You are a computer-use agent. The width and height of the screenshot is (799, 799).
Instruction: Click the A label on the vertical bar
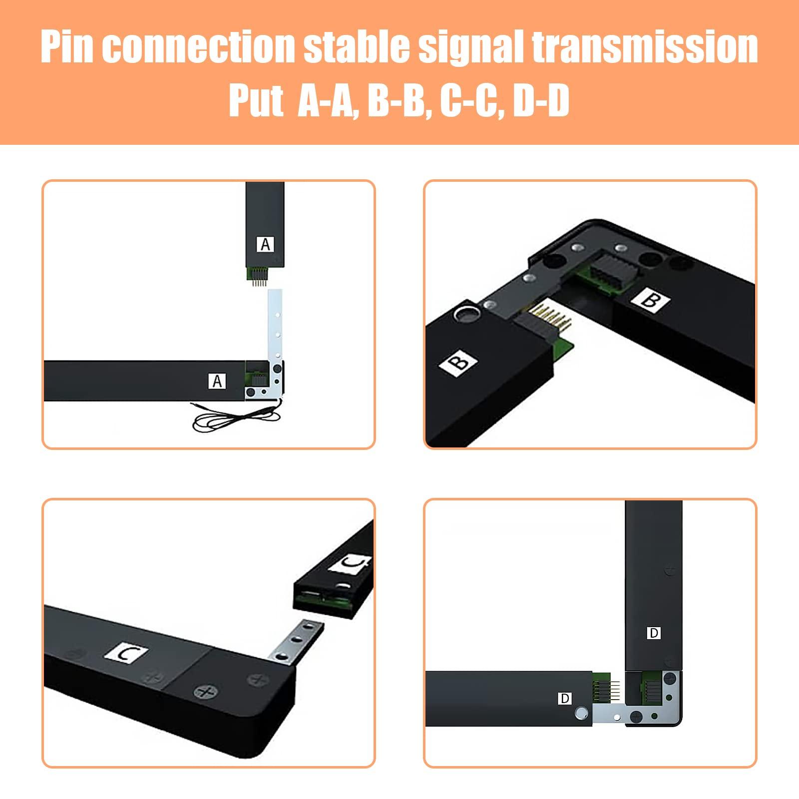[x=265, y=244]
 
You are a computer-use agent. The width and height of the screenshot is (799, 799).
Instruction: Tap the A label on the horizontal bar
[x=217, y=381]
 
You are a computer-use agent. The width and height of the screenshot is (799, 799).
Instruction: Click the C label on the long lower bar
[x=126, y=653]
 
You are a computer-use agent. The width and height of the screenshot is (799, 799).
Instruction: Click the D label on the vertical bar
[x=653, y=633]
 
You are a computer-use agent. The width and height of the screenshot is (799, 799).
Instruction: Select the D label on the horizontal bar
[x=564, y=698]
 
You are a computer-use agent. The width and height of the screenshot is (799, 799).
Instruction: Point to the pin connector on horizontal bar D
[x=605, y=689]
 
